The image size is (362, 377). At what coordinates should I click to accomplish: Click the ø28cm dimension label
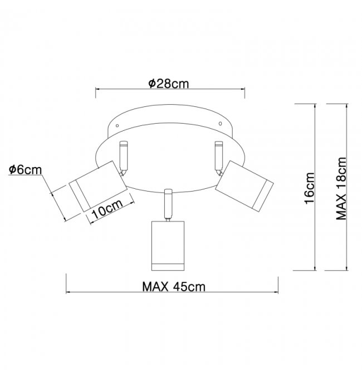(x=168, y=84)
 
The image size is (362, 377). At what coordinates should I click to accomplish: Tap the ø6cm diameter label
(x=25, y=170)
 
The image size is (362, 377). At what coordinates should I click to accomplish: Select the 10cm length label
(x=107, y=209)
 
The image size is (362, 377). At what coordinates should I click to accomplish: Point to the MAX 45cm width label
(x=174, y=287)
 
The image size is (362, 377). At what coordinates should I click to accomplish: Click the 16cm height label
(x=309, y=188)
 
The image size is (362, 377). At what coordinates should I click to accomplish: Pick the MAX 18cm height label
(x=341, y=188)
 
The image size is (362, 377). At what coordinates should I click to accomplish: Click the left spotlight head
(x=98, y=187)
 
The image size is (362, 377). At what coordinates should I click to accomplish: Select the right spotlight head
(x=244, y=187)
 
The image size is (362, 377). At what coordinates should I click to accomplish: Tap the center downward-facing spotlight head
(x=168, y=246)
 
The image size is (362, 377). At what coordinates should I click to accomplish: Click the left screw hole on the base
(x=117, y=125)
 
